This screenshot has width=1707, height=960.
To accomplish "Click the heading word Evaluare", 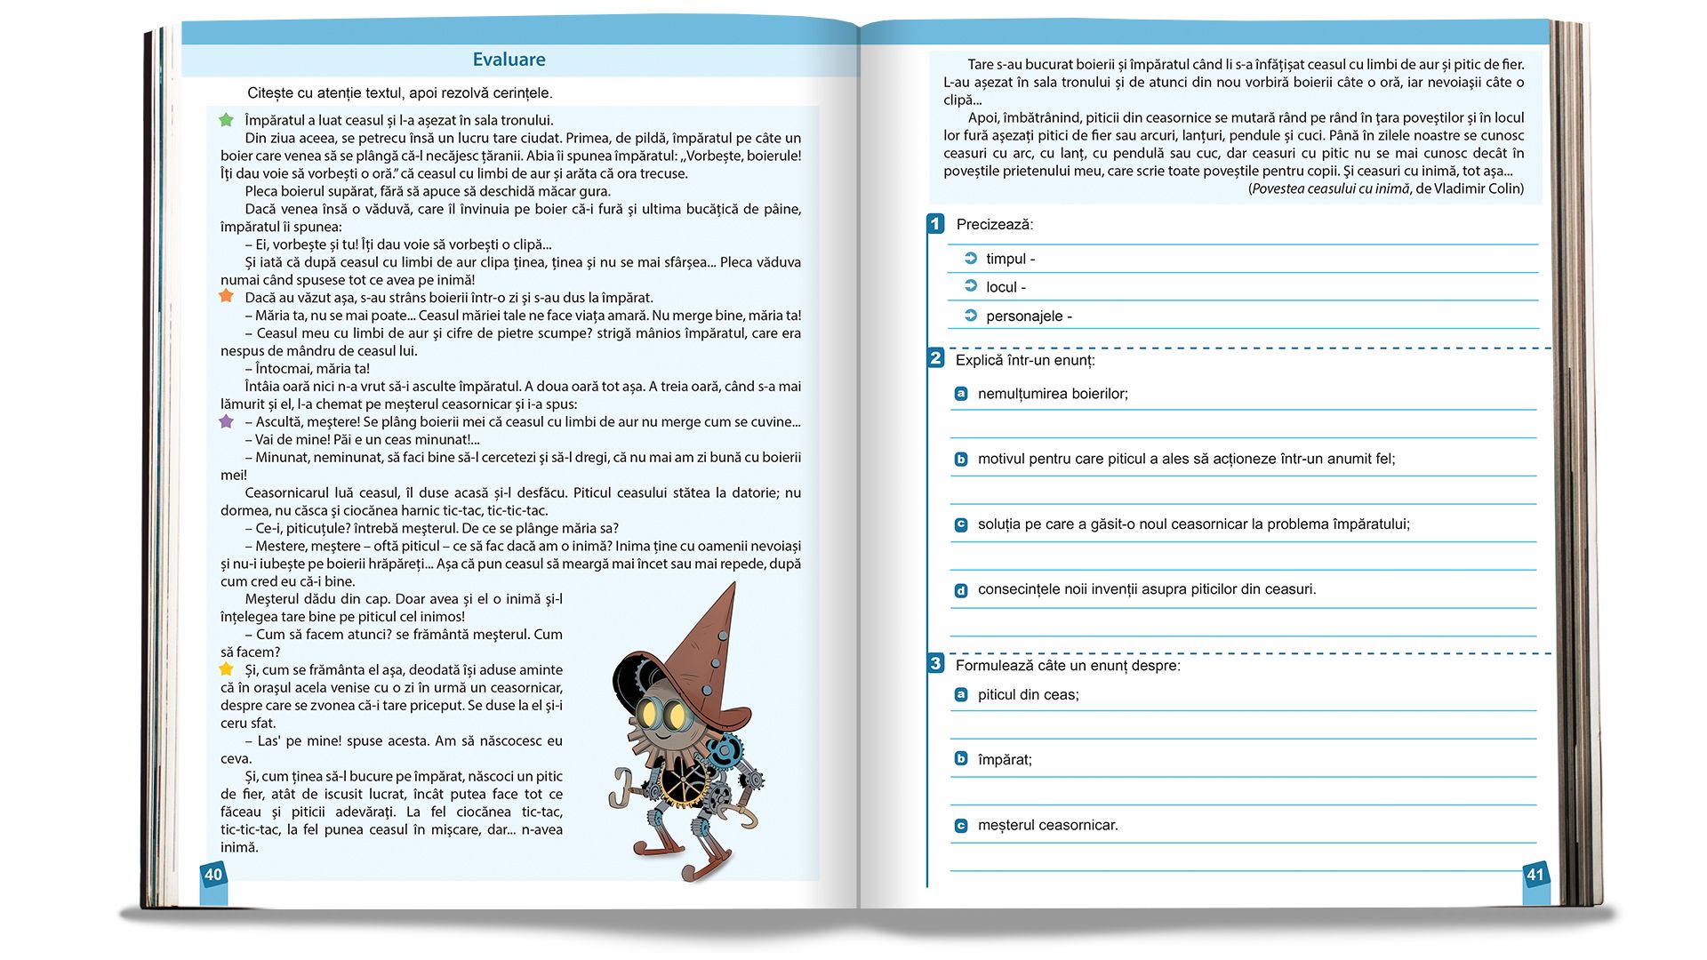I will coord(509,60).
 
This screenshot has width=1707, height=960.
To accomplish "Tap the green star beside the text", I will coord(226,120).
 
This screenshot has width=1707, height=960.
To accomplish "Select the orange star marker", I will coord(226,296).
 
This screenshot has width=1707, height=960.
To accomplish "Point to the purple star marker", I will coord(226,421).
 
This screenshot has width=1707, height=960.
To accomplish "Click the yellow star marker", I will coord(226,668).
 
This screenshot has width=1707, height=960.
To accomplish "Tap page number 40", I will coord(213,875).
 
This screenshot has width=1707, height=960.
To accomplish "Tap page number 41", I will coord(1535,875).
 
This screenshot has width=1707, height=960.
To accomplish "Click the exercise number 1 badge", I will coord(935,224).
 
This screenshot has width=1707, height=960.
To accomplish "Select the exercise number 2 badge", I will coord(935,358).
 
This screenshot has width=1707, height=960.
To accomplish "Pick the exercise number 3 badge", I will coord(935,664).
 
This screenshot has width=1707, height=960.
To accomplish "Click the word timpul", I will coord(1006,259).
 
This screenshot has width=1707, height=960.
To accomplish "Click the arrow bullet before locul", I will coord(971,286).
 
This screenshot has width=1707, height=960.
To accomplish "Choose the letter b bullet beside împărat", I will coord(961,759).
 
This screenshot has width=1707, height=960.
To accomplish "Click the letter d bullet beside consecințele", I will coord(961,590).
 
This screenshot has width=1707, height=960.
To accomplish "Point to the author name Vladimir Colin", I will coord(1479,188).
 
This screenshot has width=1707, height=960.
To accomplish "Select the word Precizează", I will coord(994,225).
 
